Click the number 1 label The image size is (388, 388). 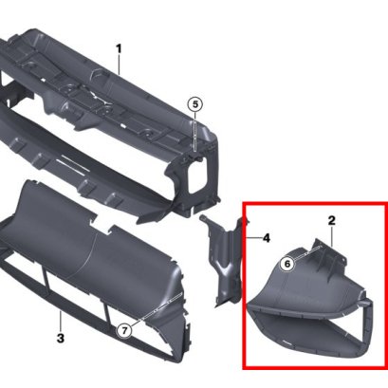[120, 47]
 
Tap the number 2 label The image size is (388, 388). [332, 221]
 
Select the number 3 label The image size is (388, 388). [60, 338]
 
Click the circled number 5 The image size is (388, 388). [194, 104]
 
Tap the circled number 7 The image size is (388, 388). [124, 330]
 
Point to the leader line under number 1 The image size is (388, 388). [120, 66]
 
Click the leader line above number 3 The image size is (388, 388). [60, 318]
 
